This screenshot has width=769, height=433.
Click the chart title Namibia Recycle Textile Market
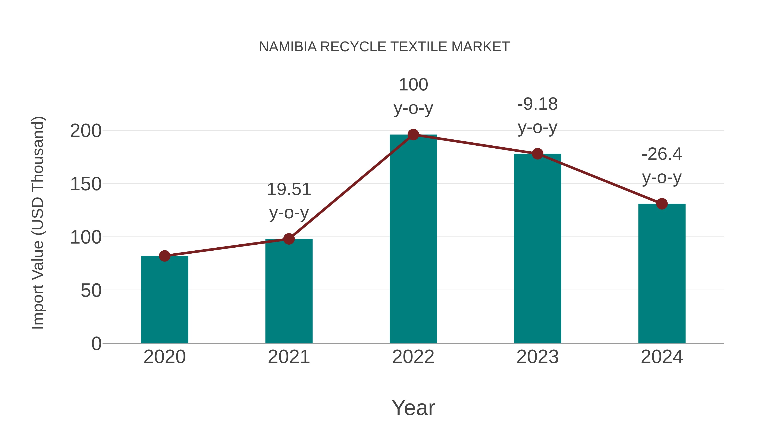coord(384,47)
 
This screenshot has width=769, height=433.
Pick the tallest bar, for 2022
coord(413,239)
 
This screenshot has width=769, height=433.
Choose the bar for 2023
coord(537,248)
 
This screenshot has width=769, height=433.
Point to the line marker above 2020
coord(164,256)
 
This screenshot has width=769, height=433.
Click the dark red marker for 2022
coord(413,135)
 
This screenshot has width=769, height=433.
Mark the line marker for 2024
coord(662,204)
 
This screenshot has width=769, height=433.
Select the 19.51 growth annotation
coord(289,189)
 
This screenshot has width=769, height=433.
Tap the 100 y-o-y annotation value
coord(413,85)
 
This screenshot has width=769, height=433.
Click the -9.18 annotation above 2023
coord(537,104)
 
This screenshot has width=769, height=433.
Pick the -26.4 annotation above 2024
coord(662,154)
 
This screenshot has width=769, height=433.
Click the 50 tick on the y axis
coord(91,290)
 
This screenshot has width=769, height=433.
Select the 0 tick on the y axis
coord(96,343)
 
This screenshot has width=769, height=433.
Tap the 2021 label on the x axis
coord(289,357)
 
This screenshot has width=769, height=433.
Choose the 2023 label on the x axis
coord(537,357)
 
